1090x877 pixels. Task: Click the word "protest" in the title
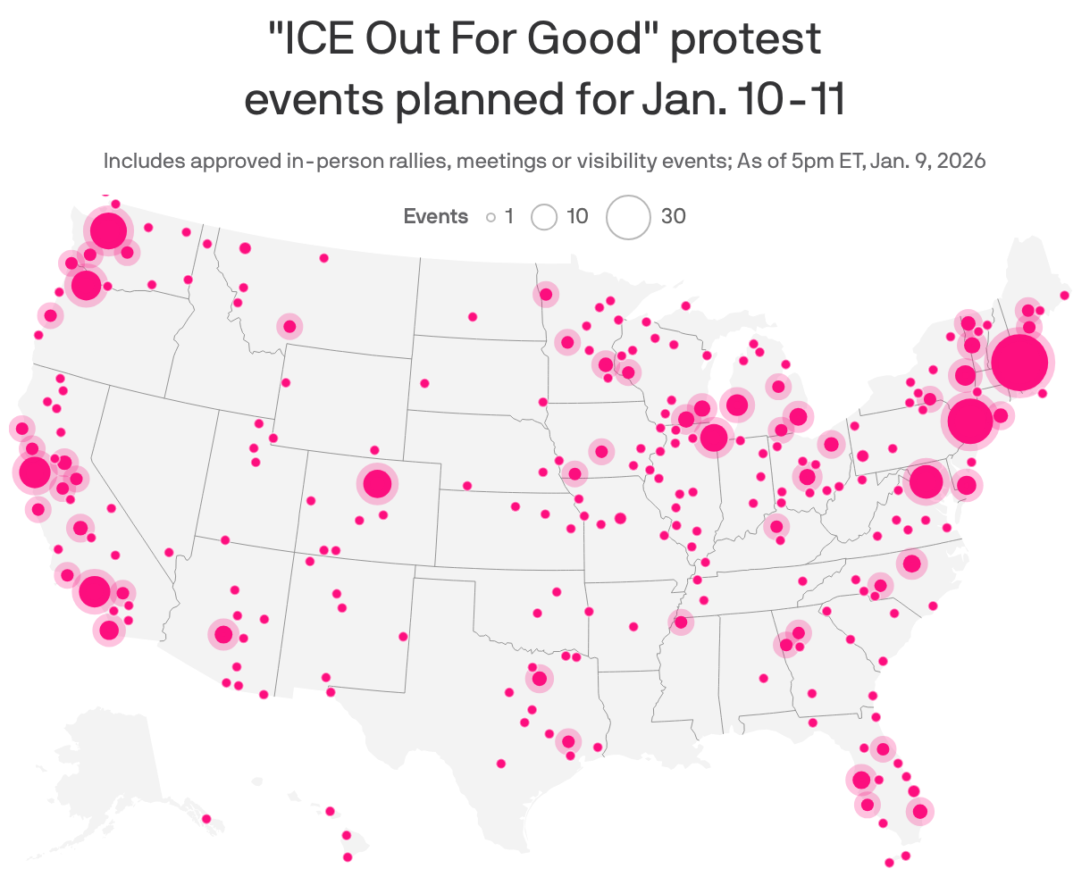click(x=745, y=40)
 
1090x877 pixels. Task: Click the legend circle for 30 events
click(x=628, y=217)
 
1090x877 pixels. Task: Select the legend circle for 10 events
click(x=543, y=217)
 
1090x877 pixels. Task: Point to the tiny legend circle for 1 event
click(x=490, y=217)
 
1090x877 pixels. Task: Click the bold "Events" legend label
click(x=435, y=216)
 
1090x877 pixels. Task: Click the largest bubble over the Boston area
click(x=1019, y=363)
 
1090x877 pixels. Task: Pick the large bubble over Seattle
click(x=108, y=230)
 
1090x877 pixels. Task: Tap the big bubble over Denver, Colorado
click(x=377, y=484)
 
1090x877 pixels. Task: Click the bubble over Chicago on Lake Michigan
click(x=714, y=438)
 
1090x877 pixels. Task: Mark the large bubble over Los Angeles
click(x=95, y=590)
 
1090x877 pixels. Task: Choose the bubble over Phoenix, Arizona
click(x=223, y=635)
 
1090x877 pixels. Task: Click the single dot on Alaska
click(x=206, y=819)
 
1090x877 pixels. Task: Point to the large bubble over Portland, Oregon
click(x=86, y=285)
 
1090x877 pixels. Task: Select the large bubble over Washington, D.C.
click(x=926, y=482)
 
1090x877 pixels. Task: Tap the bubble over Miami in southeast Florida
click(x=920, y=812)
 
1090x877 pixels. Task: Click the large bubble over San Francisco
click(x=35, y=472)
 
